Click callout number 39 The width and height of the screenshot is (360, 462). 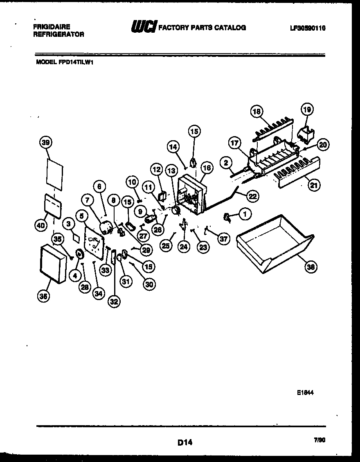pyautogui.click(x=46, y=143)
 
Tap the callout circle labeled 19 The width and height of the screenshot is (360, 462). pyautogui.click(x=307, y=109)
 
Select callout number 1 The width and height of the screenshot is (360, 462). pyautogui.click(x=245, y=213)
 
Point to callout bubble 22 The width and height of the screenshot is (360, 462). pyautogui.click(x=252, y=196)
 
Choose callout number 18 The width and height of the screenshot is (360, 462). pyautogui.click(x=256, y=112)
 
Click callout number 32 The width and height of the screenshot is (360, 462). pyautogui.click(x=114, y=301)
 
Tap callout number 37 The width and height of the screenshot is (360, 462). pyautogui.click(x=223, y=239)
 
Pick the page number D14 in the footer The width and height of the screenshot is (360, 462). pyautogui.click(x=185, y=442)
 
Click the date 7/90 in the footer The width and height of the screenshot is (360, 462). pyautogui.click(x=319, y=440)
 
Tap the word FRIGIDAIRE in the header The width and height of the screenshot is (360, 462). pyautogui.click(x=51, y=27)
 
